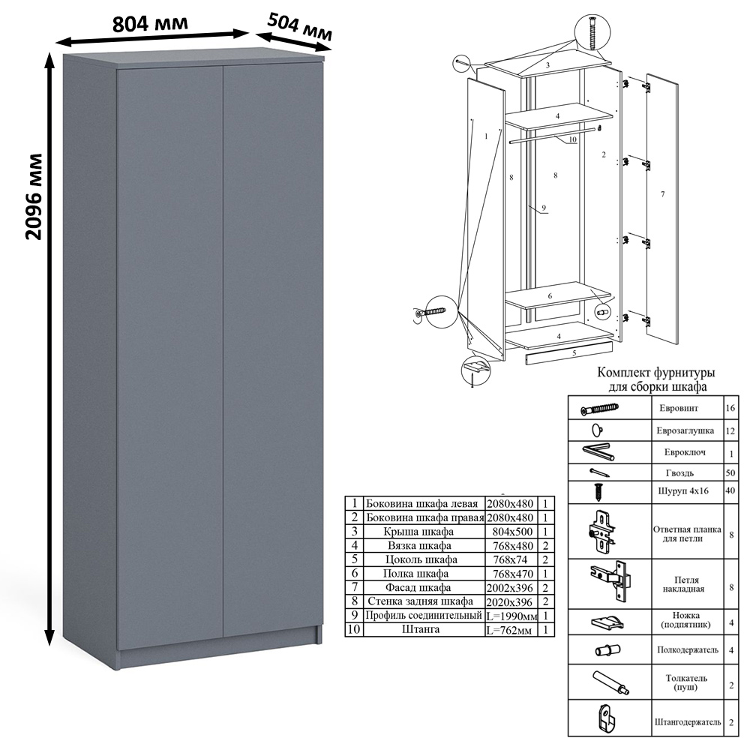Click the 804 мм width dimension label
pyautogui.click(x=150, y=23)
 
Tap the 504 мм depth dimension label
pyautogui.click(x=299, y=27)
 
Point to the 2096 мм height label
pyautogui.click(x=34, y=196)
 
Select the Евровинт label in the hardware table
pyautogui.click(x=679, y=408)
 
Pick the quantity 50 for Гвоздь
pyautogui.click(x=730, y=472)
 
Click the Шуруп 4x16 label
pyautogui.click(x=683, y=490)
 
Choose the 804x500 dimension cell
pyautogui.click(x=512, y=532)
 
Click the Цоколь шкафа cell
pyautogui.click(x=421, y=559)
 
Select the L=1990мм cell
pyautogui.click(x=511, y=616)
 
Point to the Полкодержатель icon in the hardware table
pyautogui.click(x=607, y=650)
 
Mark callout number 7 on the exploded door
pyautogui.click(x=662, y=194)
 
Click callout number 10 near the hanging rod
pyautogui.click(x=572, y=139)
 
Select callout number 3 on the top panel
pyautogui.click(x=547, y=65)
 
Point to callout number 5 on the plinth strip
pyautogui.click(x=574, y=353)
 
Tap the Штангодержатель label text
pyautogui.click(x=687, y=722)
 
